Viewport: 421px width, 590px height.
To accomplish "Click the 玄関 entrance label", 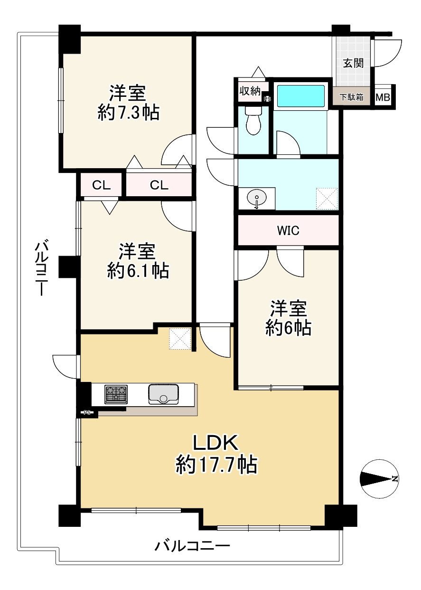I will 354,63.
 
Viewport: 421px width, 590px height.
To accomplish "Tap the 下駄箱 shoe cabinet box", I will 352,97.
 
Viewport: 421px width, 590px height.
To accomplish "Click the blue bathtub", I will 300,96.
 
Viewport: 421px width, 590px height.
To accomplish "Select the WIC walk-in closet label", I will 288,231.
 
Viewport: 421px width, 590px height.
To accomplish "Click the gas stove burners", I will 116,394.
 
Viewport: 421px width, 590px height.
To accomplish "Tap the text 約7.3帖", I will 128,113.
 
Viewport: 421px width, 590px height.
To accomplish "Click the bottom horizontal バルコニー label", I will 192,546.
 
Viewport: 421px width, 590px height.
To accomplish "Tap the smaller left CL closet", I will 102,185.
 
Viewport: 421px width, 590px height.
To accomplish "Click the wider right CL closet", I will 159,185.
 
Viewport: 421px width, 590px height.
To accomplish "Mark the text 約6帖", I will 289,328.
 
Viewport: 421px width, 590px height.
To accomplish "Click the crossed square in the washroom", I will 327,199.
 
